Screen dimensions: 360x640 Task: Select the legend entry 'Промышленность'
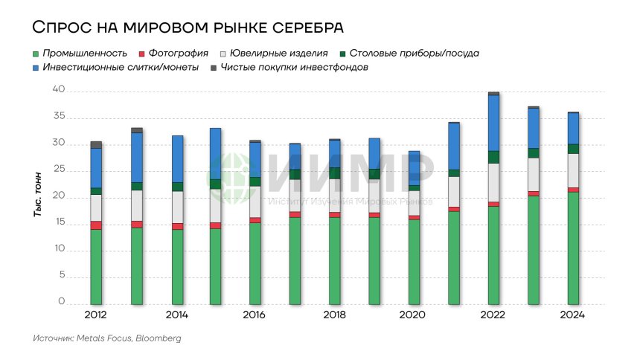click(83, 54)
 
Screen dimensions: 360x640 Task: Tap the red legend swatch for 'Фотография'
click(141, 54)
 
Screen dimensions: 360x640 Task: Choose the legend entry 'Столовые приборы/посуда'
click(414, 54)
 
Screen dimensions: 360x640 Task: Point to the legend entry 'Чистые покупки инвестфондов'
click(294, 68)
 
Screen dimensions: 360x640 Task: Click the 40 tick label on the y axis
click(59, 90)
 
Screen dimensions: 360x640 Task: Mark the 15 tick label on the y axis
click(59, 223)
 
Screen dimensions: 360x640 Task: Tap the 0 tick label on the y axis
click(62, 303)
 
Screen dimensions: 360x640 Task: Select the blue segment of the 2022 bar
click(493, 123)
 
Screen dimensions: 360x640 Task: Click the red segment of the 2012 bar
click(96, 225)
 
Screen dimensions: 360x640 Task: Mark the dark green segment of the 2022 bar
click(493, 157)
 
